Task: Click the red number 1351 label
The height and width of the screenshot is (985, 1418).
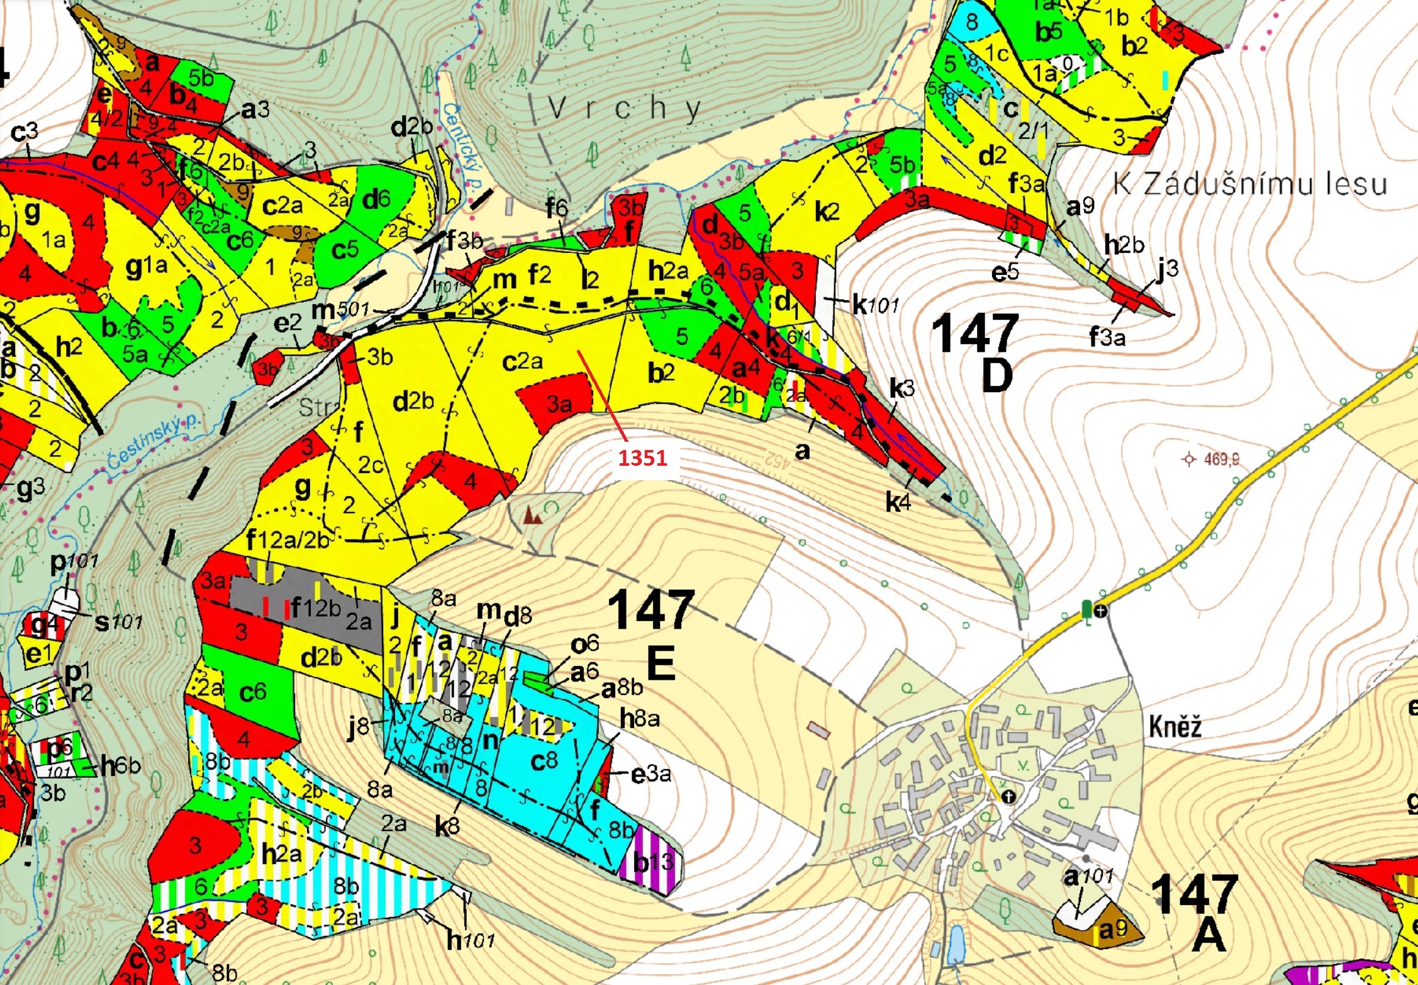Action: click(642, 458)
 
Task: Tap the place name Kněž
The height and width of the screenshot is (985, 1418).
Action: click(1175, 727)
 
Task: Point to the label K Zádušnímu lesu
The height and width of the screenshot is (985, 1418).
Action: click(1249, 184)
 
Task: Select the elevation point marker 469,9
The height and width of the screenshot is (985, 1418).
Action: click(1188, 459)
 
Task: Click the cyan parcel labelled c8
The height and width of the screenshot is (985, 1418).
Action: click(544, 761)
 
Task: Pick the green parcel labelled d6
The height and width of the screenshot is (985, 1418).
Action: click(376, 200)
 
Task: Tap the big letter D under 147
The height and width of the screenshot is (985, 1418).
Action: click(997, 376)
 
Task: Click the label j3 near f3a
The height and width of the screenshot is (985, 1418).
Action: click(1167, 270)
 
